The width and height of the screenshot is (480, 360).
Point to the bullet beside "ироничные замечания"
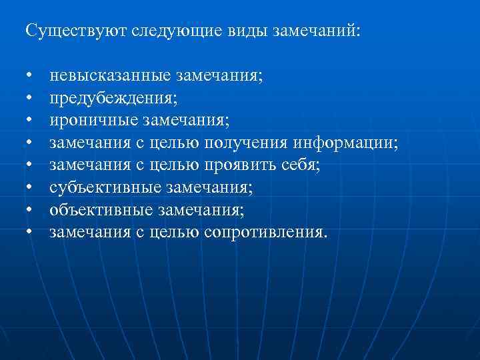(x=30, y=122)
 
